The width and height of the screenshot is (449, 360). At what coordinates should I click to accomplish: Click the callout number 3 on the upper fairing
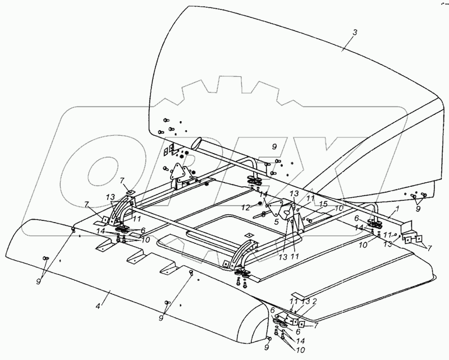pyautogui.click(x=355, y=33)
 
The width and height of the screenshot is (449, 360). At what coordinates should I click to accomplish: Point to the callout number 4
pyautogui.click(x=98, y=306)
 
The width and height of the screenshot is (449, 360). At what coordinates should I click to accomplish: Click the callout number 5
pyautogui.click(x=276, y=222)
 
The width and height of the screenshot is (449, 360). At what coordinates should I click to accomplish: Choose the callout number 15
pyautogui.click(x=323, y=205)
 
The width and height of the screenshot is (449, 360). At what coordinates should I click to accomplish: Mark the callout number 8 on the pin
pyautogui.click(x=263, y=214)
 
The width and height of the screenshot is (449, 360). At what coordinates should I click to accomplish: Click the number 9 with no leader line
pyautogui.click(x=274, y=147)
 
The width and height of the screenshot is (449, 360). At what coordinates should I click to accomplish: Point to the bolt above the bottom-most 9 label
pyautogui.click(x=269, y=339)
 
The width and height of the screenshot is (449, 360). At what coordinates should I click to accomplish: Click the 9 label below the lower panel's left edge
pyautogui.click(x=38, y=281)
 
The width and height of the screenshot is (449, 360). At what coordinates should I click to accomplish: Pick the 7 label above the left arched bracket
pyautogui.click(x=122, y=181)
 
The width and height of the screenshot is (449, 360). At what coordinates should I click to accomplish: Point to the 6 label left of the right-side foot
pyautogui.click(x=356, y=218)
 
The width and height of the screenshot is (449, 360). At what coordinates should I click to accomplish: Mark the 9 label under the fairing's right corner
pyautogui.click(x=418, y=209)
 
